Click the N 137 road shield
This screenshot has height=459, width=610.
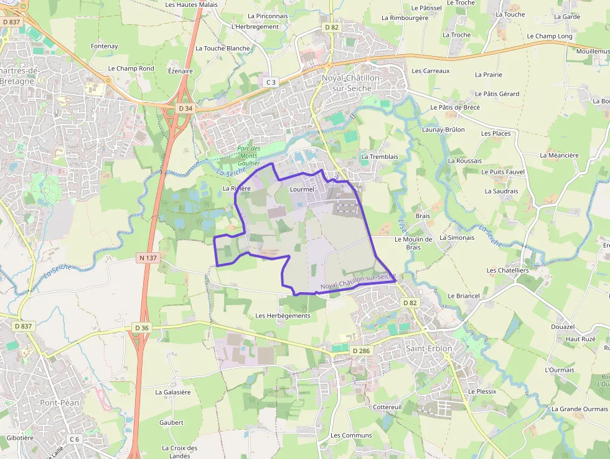tap(148, 257)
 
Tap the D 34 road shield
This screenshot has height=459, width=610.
tap(185, 108)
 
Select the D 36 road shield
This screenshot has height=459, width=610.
tap(141, 328)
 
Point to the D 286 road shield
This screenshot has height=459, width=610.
tap(360, 351)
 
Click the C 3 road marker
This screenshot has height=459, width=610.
tap(270, 82)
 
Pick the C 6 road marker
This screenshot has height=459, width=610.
tap(75, 439)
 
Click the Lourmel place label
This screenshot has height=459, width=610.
tap(303, 189)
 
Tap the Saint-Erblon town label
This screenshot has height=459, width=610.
tap(429, 348)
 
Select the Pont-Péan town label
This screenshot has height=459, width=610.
tap(60, 402)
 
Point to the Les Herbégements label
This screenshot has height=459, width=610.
tap(283, 316)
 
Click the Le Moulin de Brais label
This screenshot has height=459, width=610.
tap(413, 243)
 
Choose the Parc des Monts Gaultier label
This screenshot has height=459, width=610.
tap(248, 156)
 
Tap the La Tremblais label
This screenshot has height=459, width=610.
tap(379, 156)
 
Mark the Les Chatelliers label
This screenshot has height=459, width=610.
tap(507, 270)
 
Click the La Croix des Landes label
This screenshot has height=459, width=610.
tap(179, 452)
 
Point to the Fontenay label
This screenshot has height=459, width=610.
tap(104, 46)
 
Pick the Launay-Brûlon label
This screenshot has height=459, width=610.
tap(443, 130)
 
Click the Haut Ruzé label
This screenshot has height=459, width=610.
tap(580, 339)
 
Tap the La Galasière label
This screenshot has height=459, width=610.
tap(173, 392)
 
